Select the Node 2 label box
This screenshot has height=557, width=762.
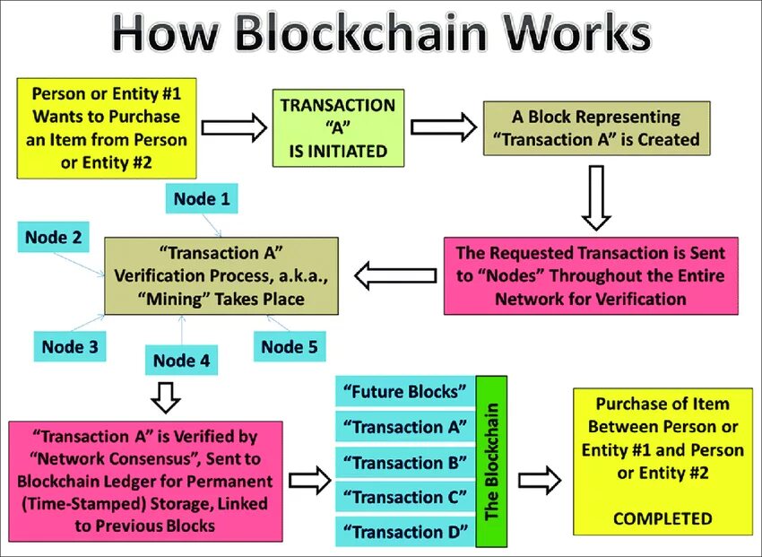(53, 238)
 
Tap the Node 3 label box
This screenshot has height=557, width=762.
(68, 346)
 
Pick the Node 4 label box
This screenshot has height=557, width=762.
(181, 361)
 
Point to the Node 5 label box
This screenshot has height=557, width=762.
(289, 346)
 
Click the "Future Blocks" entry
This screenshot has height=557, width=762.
(405, 392)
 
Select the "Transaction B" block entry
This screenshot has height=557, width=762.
(405, 463)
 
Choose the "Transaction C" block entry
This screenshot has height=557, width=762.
(405, 496)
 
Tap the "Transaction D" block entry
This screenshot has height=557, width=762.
(405, 532)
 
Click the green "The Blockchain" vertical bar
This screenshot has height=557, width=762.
(491, 461)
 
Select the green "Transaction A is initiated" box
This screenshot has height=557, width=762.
(339, 127)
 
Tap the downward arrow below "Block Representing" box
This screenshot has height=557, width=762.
(596, 196)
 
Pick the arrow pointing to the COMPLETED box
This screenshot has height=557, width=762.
(540, 480)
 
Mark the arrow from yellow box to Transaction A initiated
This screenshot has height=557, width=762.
(233, 127)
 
